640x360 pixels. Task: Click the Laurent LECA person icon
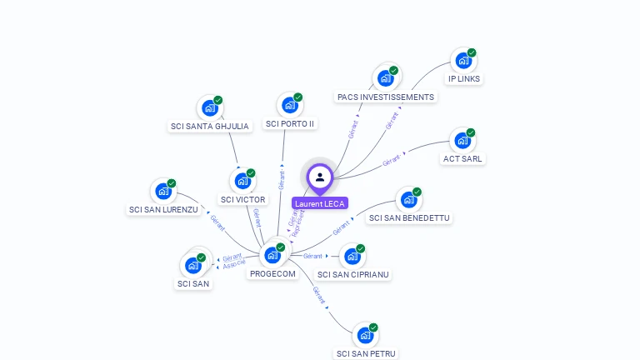tap(320, 177)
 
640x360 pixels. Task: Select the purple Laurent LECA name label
tap(320, 203)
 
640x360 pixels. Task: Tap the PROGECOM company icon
tap(272, 255)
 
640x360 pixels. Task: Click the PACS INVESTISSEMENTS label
tap(386, 97)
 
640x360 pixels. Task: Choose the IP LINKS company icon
tap(463, 61)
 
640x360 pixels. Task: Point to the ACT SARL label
tap(462, 158)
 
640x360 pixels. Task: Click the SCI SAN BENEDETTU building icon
tap(408, 200)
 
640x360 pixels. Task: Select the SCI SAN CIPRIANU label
tap(353, 274)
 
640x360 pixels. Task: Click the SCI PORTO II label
tap(290, 124)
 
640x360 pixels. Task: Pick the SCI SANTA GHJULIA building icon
tap(209, 108)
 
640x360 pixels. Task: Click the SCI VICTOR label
tap(242, 199)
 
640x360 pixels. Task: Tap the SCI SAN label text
tap(193, 283)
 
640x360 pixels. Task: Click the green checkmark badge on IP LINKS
tap(472, 52)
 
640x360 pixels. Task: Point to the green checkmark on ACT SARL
tap(471, 132)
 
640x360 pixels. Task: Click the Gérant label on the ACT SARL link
tap(392, 161)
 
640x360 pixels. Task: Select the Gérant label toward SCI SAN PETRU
tap(317, 293)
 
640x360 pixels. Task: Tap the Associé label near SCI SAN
tap(233, 264)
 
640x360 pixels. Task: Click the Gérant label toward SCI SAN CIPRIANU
tap(312, 256)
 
